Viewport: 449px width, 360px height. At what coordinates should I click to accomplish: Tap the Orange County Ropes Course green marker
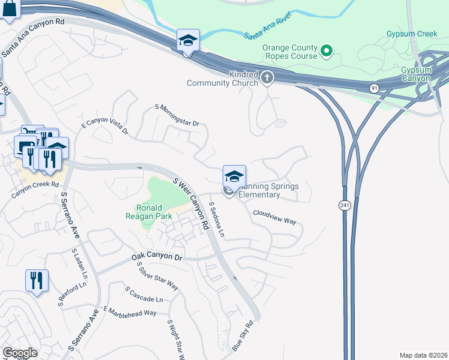pyautogui.click(x=327, y=50)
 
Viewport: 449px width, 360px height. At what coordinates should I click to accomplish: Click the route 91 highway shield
pyautogui.click(x=374, y=88)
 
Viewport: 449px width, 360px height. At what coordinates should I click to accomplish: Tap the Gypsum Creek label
pyautogui.click(x=412, y=34)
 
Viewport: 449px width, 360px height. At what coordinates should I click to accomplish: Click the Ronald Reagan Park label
pyautogui.click(x=149, y=212)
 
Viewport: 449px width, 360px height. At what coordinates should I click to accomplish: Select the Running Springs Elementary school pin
pyautogui.click(x=234, y=176)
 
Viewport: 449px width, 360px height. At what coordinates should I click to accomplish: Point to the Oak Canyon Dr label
pyautogui.click(x=157, y=257)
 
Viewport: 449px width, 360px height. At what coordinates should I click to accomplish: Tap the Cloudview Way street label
pyautogui.click(x=274, y=217)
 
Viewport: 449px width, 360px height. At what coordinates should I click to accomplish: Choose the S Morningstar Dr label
pyautogui.click(x=176, y=115)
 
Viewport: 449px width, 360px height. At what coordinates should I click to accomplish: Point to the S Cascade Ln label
pyautogui.click(x=144, y=294)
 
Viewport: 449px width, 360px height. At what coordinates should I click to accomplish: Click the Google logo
pyautogui.click(x=20, y=353)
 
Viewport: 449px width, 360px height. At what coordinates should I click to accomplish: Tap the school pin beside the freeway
pyautogui.click(x=187, y=41)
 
